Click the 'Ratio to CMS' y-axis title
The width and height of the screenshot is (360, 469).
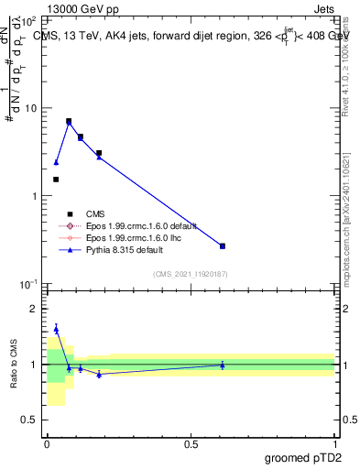pos(14,364)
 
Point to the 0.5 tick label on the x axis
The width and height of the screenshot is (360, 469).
pos(191,443)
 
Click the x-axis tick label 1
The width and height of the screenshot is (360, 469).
pos(334,443)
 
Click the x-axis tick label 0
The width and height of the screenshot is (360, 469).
pos(47,443)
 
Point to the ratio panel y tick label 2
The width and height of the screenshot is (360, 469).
pos(35,309)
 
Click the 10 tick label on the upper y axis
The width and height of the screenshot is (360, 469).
pos(29,108)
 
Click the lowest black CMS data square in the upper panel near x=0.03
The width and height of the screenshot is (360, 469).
pos(56,180)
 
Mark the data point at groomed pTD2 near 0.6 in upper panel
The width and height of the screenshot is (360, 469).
pos(223,245)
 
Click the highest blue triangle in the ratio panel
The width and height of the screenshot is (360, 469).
pos(56,329)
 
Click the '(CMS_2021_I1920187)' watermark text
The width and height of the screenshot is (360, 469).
pos(191,273)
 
